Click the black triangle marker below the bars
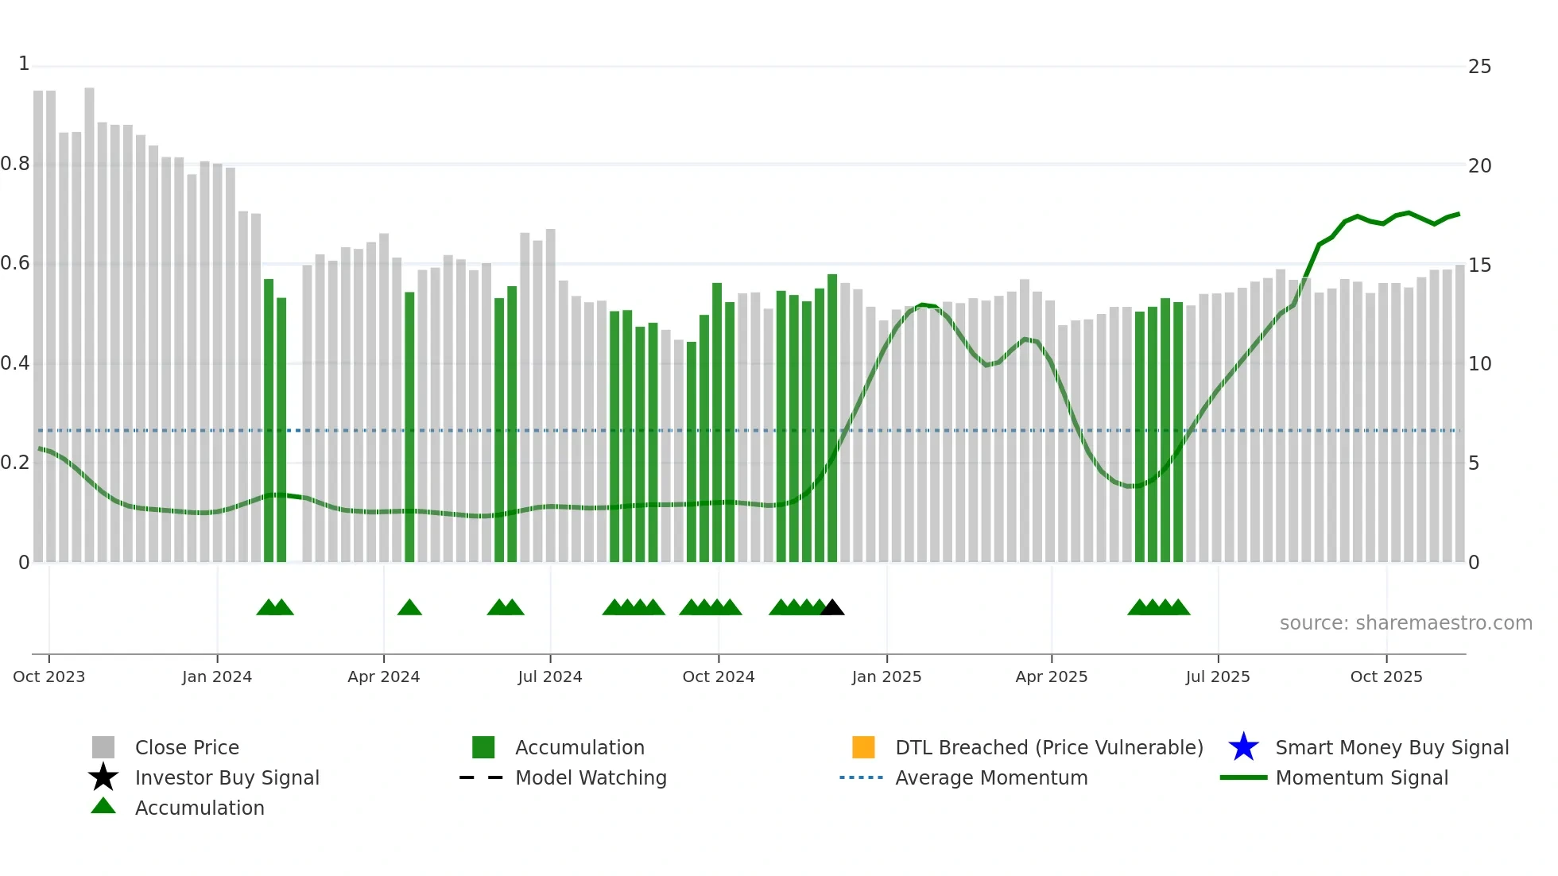(832, 608)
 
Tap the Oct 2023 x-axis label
(49, 676)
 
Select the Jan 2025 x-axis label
(886, 676)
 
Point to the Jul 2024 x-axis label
(550, 676)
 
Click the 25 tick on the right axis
(1479, 67)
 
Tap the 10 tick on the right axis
(1479, 364)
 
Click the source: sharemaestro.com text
(1405, 623)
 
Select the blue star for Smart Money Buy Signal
(1243, 747)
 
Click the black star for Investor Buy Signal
(103, 777)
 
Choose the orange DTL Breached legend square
(863, 747)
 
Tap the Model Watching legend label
(591, 777)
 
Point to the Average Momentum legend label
(991, 777)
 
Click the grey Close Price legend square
(103, 747)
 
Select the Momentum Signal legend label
(1362, 777)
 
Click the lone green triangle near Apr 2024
(409, 608)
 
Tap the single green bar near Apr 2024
(409, 429)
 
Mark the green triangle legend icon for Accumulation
(103, 806)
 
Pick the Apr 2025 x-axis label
(1051, 676)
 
